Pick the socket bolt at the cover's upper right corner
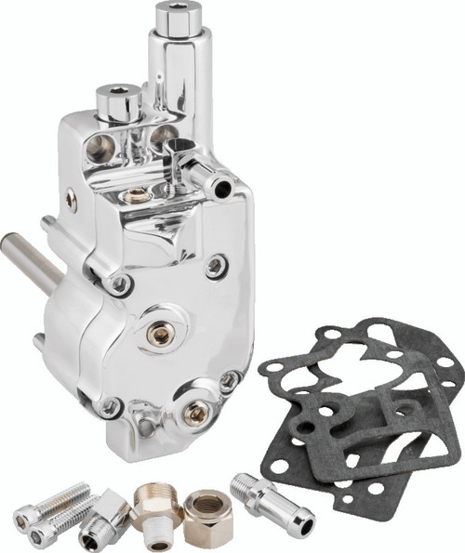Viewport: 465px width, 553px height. (216, 267)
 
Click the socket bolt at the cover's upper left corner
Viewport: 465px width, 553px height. (118, 283)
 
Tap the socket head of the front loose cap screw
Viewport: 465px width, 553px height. (38, 533)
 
